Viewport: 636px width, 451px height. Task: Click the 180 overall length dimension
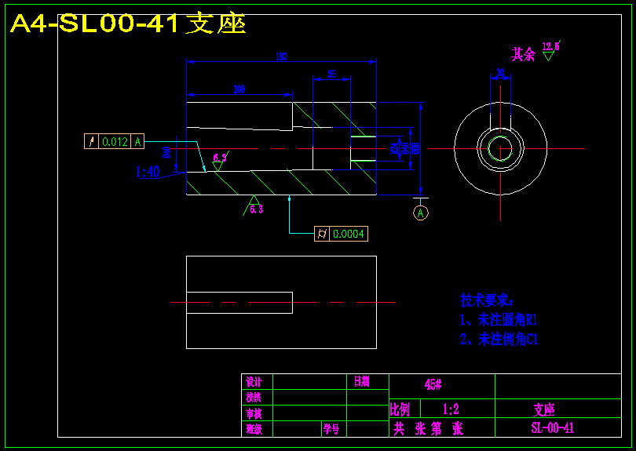(x=282, y=56)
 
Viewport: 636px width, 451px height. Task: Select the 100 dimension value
(x=239, y=89)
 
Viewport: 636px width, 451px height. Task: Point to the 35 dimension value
(x=331, y=74)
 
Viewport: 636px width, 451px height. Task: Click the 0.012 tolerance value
(x=115, y=142)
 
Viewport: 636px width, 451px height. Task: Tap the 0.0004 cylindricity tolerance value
(x=349, y=234)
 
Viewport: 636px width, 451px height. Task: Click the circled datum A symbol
(x=421, y=213)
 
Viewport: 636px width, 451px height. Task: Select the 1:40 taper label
(x=148, y=172)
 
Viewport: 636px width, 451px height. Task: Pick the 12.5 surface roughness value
(x=550, y=46)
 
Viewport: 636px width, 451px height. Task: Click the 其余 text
(x=523, y=54)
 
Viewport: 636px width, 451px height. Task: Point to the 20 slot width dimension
(x=500, y=73)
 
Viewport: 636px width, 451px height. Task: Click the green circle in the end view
(x=500, y=147)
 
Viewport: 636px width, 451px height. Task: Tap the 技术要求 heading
(x=486, y=300)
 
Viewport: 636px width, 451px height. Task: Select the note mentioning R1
(x=499, y=320)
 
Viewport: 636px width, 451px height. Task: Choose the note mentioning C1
(x=499, y=340)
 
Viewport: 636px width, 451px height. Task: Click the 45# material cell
(x=433, y=384)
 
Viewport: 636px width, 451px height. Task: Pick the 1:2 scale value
(x=451, y=409)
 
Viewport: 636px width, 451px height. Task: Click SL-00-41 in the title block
(x=552, y=428)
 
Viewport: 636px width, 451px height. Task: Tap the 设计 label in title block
(x=254, y=382)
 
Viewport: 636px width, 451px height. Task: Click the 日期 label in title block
(x=361, y=382)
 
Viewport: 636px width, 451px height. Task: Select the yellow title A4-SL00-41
(x=128, y=24)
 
